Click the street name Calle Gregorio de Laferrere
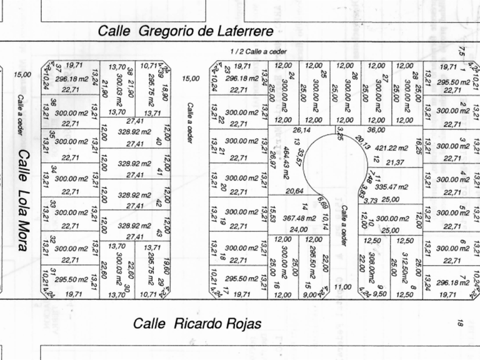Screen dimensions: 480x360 [186, 31]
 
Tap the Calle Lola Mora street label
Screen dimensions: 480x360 [23, 199]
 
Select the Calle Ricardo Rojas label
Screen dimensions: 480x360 [197, 323]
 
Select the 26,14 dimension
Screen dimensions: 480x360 [302, 131]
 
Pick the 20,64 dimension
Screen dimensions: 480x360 [294, 191]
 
